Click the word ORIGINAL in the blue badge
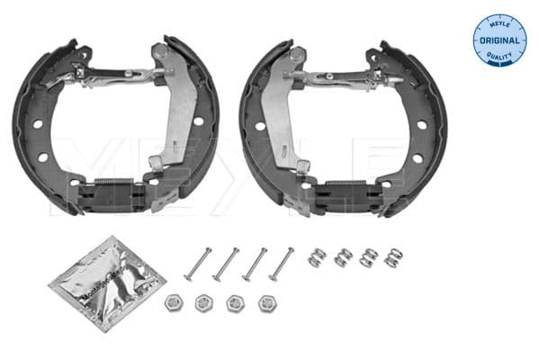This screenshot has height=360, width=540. coord(498,40)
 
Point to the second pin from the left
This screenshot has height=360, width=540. coord(227,265)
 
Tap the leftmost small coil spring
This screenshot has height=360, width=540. coord(317,257)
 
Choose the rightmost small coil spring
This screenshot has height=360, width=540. coord(392,257)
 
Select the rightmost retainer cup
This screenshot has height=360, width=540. coord(266,303)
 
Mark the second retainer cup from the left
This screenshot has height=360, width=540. coord(203,303)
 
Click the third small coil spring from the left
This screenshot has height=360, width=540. coord(367,257)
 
